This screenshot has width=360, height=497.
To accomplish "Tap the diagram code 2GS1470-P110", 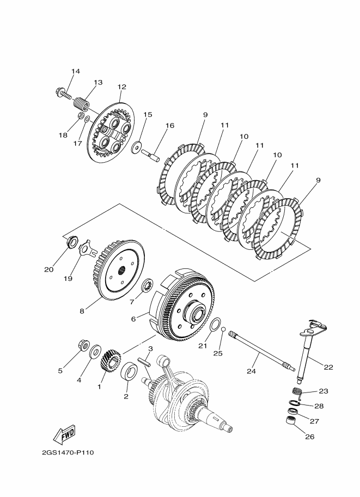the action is (68, 452).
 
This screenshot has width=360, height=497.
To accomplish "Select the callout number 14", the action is (76, 71).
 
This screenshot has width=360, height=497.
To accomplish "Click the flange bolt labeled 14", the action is (63, 93).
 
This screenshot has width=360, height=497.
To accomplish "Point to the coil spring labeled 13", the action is (82, 103).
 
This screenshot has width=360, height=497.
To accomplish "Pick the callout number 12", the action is (122, 87).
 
